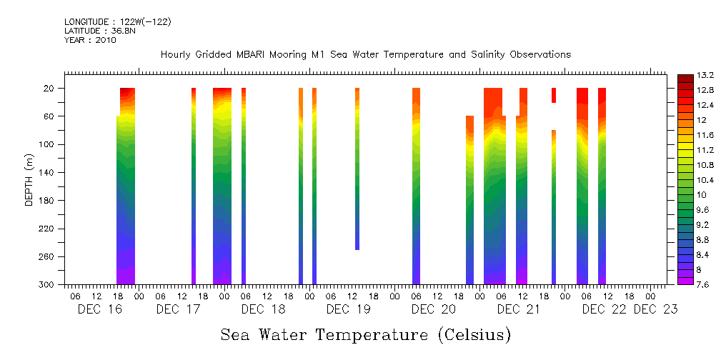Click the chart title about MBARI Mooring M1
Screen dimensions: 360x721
[365, 55]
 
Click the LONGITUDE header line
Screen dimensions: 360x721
[118, 22]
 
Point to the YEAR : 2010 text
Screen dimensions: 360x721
[90, 40]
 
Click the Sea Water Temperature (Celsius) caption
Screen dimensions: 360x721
[365, 334]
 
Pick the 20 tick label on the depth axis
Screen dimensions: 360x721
[49, 88]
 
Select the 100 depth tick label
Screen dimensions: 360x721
[47, 144]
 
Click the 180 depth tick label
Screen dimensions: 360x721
[47, 201]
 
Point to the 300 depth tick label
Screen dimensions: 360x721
[47, 285]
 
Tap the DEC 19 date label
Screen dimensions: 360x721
[348, 309]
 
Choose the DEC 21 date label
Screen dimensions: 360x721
[518, 309]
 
